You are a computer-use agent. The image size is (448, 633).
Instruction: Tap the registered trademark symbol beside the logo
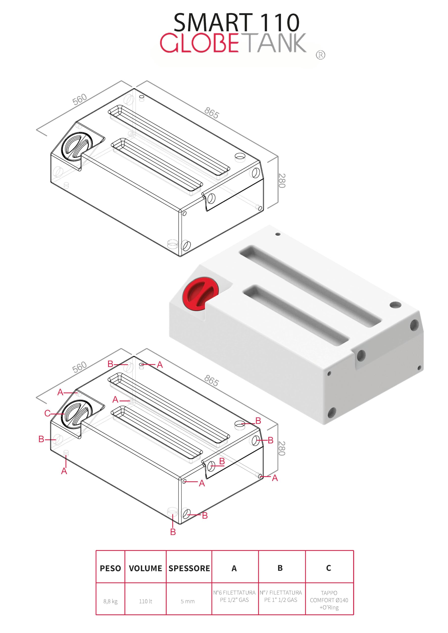(x=320, y=55)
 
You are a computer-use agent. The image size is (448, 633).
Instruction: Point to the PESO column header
(x=110, y=568)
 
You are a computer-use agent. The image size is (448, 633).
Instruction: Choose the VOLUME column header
(x=146, y=568)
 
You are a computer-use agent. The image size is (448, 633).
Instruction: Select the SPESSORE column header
(x=189, y=568)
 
